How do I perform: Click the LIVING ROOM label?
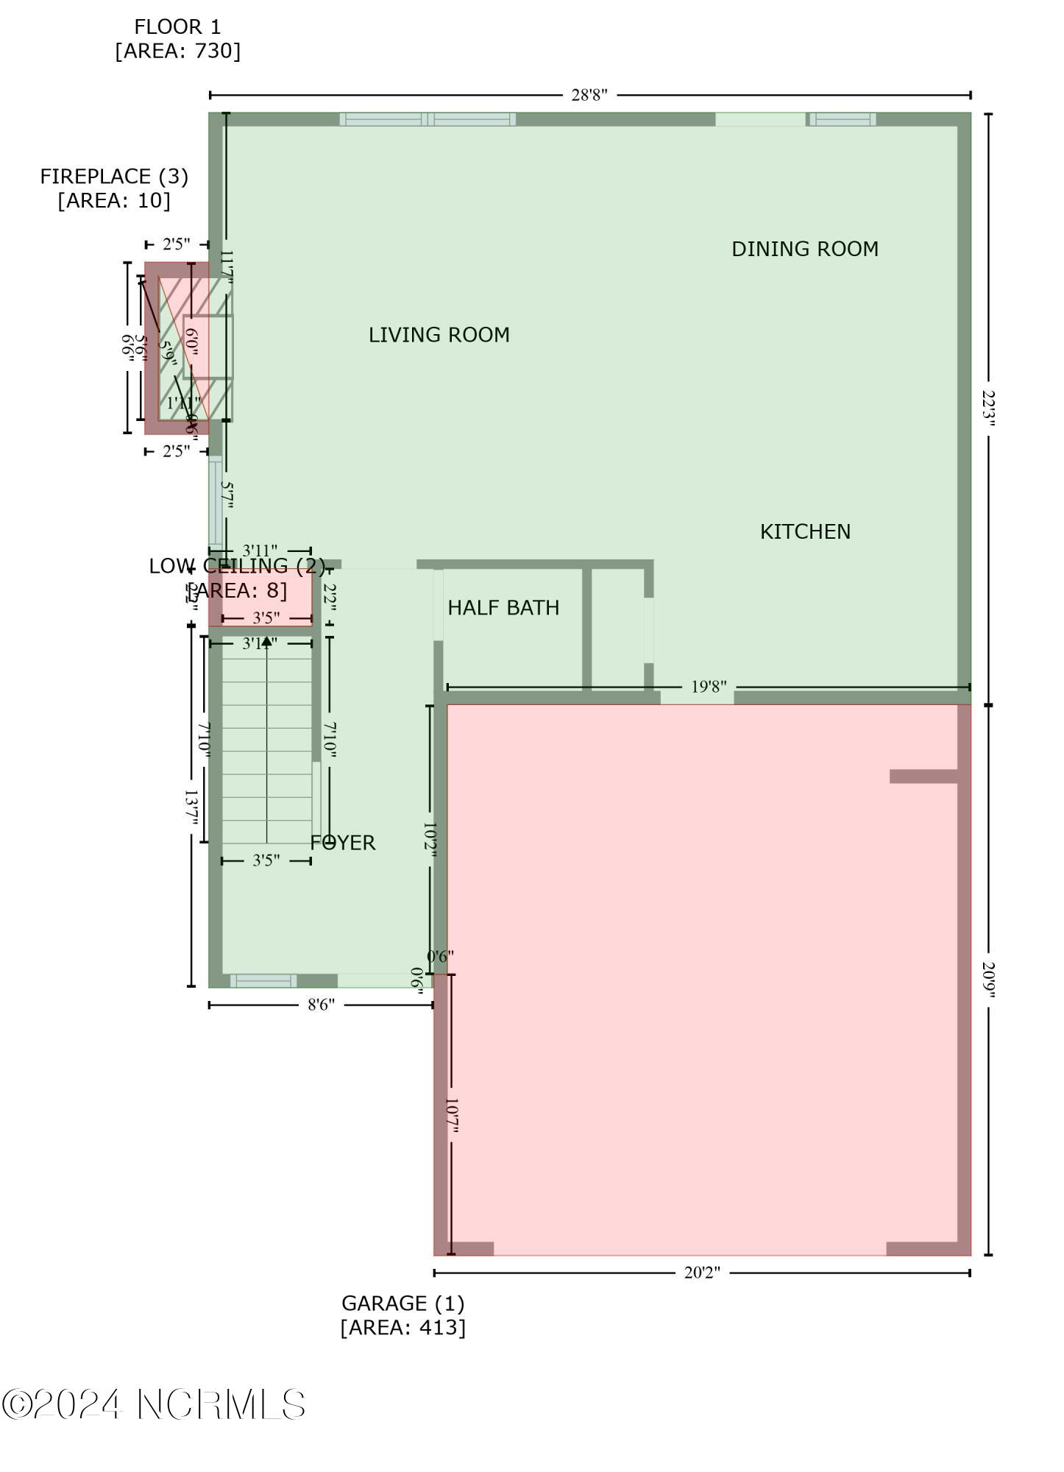tap(439, 335)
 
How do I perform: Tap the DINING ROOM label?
tap(804, 249)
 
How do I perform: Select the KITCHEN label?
tap(805, 531)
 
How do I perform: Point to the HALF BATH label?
tap(503, 607)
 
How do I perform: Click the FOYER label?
tap(343, 843)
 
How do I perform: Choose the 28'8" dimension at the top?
tap(589, 95)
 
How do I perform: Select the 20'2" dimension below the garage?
tap(701, 1273)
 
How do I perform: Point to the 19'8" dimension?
tap(709, 687)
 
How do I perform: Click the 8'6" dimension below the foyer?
tap(321, 1005)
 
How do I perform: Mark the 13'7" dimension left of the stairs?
tap(191, 807)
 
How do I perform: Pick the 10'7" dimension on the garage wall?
tap(451, 1117)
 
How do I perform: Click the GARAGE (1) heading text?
tap(402, 1303)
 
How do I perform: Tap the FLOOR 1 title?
tap(177, 27)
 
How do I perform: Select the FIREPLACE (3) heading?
tap(114, 177)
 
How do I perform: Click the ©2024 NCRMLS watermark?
tap(154, 1404)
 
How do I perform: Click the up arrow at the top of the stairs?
tap(266, 641)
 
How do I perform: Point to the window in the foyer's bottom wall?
tap(263, 980)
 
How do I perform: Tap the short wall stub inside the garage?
tap(923, 776)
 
